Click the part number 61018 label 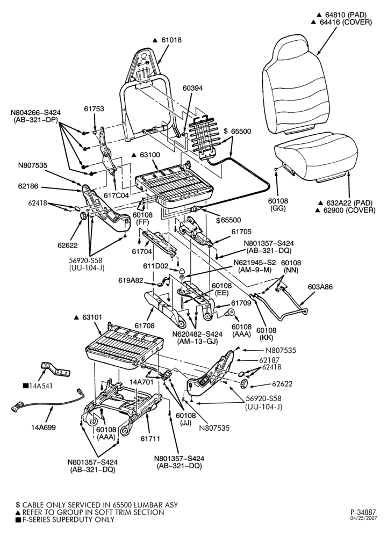(172, 40)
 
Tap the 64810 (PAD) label (345, 15)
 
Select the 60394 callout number (192, 88)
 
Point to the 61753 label (94, 108)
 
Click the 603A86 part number (320, 287)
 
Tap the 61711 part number (150, 438)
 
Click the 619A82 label (131, 280)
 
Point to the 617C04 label (116, 195)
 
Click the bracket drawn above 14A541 (55, 369)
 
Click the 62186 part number (28, 187)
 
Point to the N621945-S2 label (255, 263)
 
